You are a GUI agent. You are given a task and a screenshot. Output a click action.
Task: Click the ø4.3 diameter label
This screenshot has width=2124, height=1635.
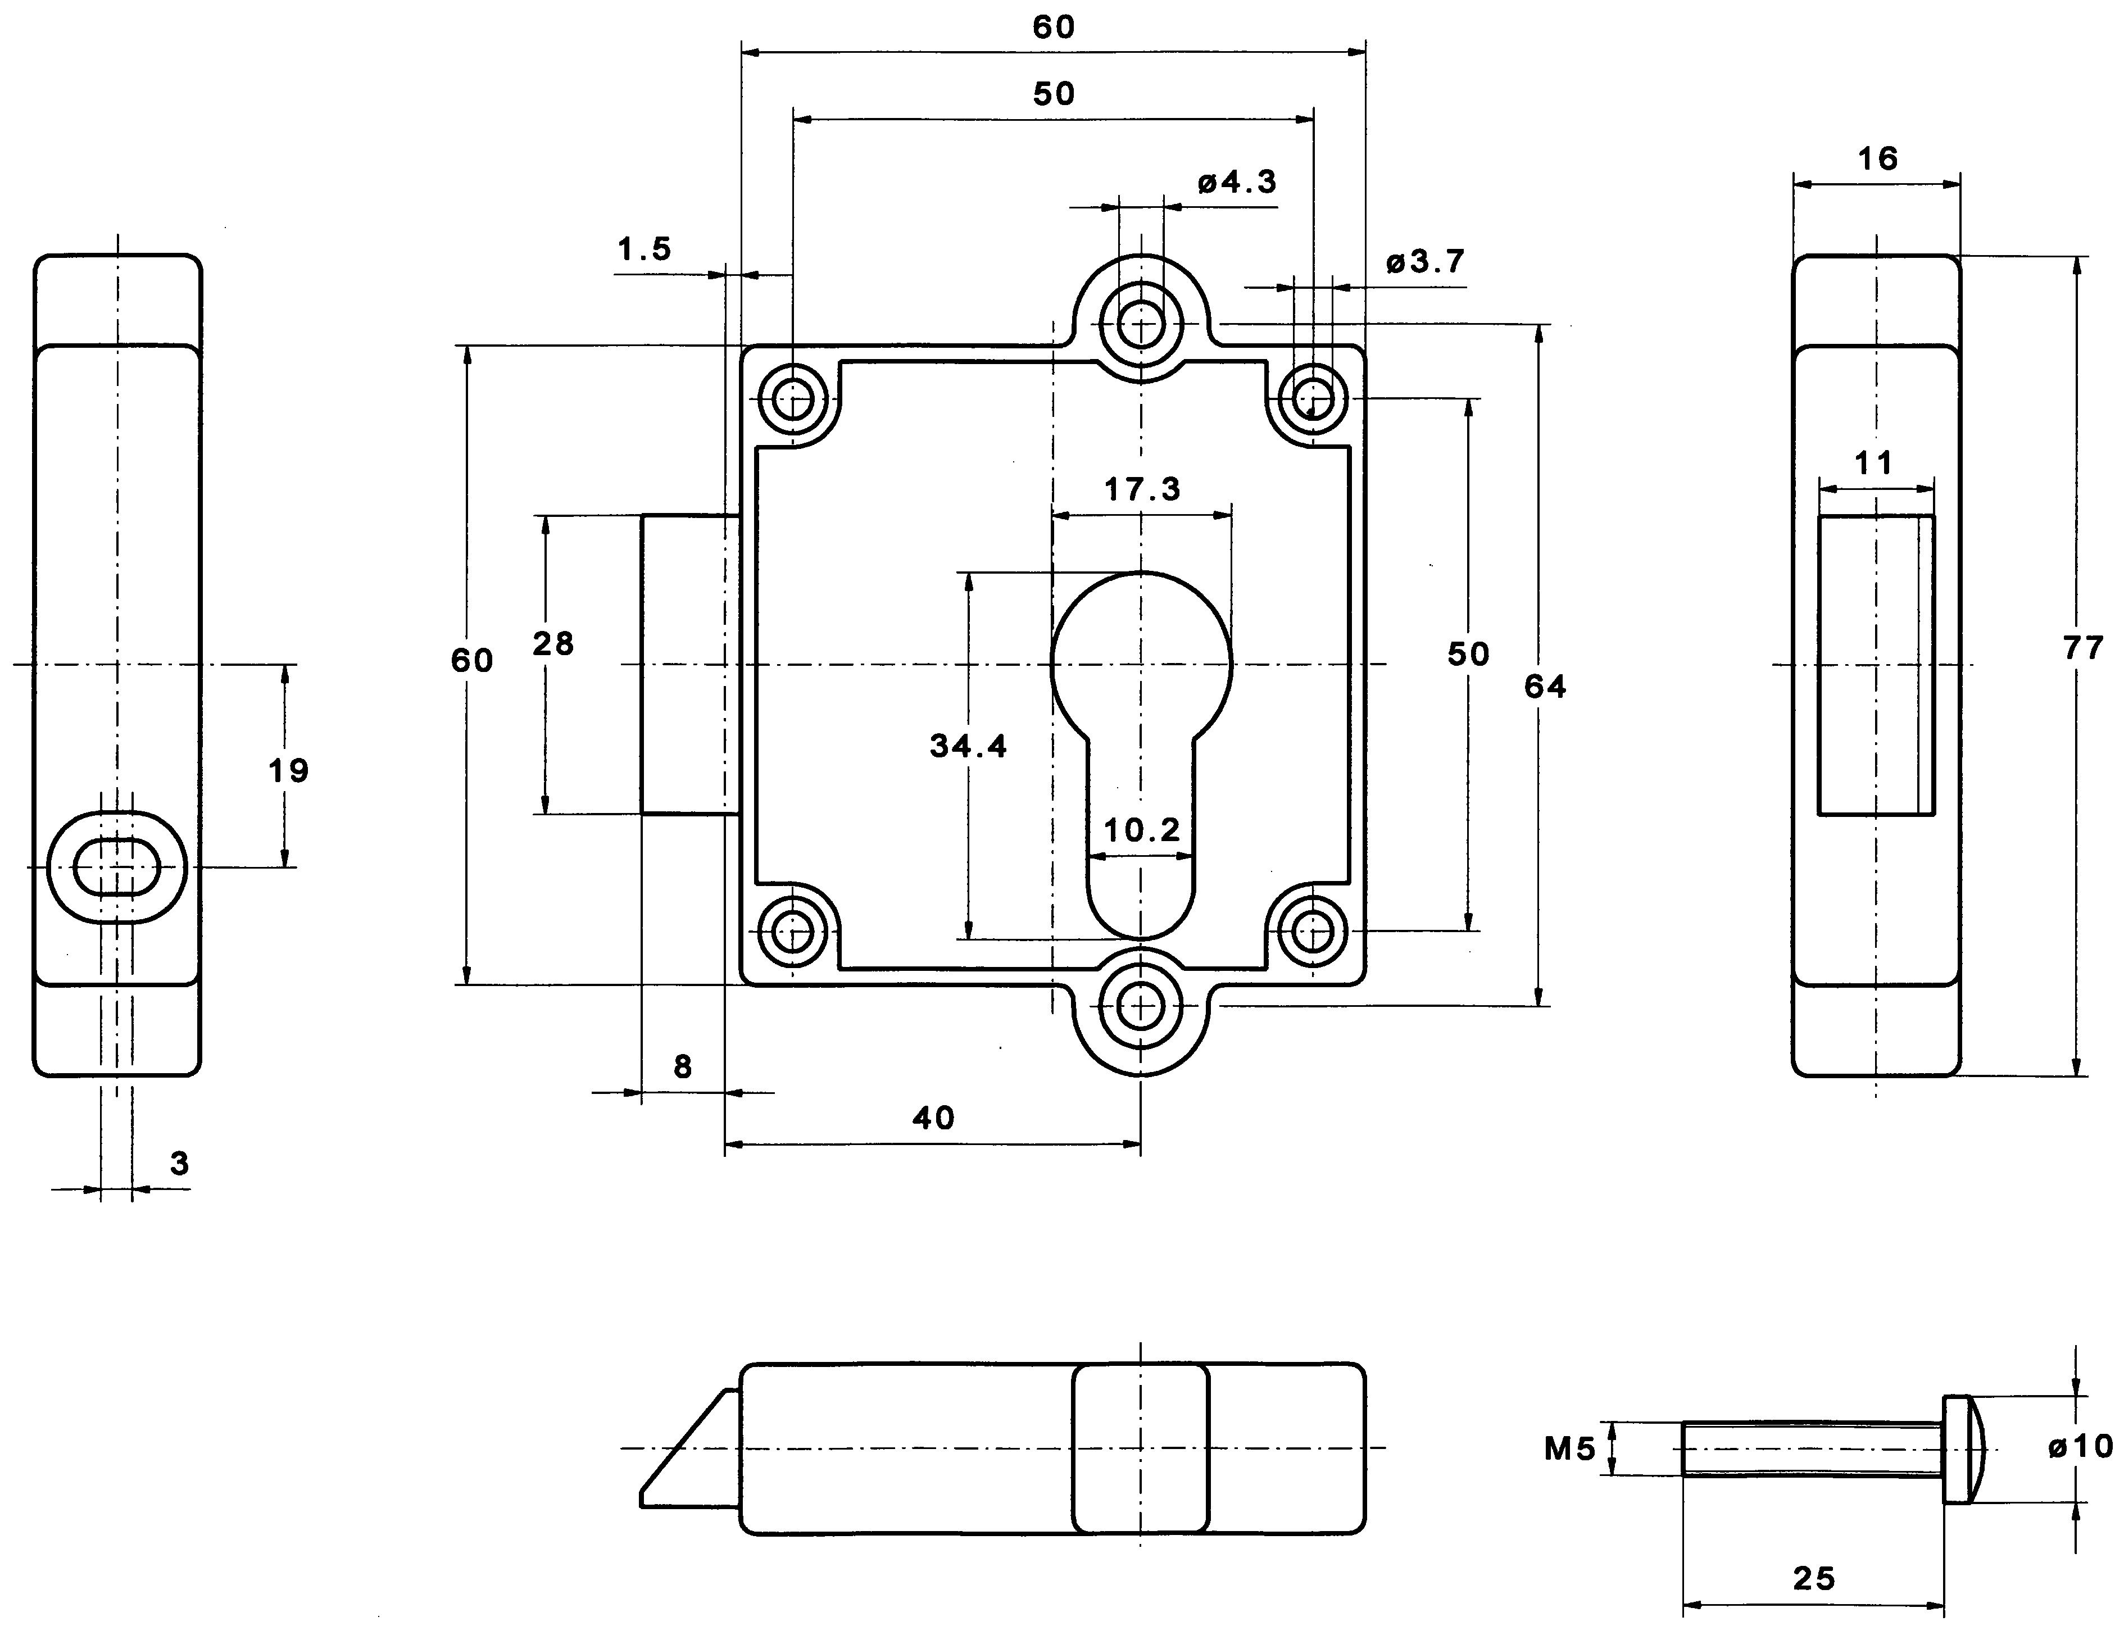click(x=1237, y=182)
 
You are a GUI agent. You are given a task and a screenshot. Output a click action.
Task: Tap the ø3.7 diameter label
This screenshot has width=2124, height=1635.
click(x=1425, y=262)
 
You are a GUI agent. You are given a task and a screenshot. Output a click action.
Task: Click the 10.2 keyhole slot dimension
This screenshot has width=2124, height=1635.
click(x=1142, y=830)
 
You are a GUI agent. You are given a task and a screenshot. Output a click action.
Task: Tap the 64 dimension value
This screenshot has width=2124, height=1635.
click(x=1545, y=687)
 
